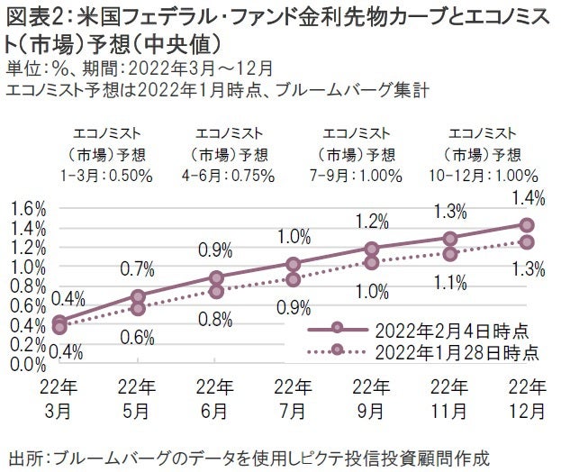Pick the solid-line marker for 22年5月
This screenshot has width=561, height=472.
(138, 295)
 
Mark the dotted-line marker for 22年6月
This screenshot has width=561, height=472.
(216, 291)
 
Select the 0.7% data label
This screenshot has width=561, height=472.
(138, 268)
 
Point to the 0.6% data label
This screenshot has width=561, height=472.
(138, 337)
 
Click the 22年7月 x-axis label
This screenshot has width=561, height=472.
(293, 399)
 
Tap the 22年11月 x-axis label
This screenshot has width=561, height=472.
(448, 399)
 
